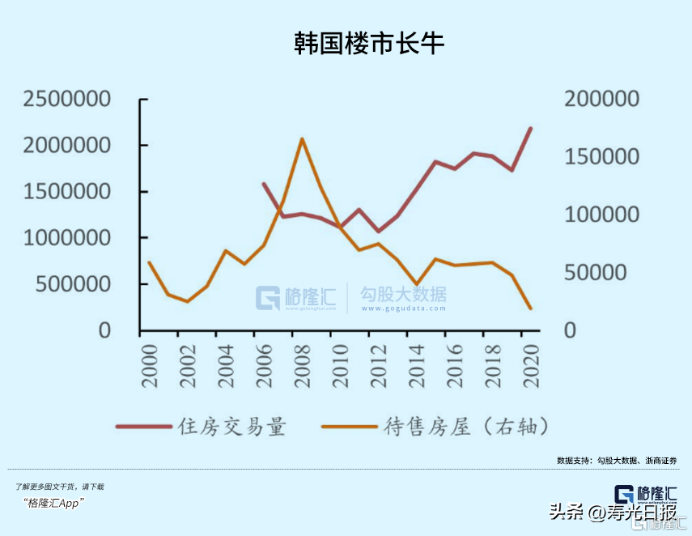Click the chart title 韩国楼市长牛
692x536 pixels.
click(369, 44)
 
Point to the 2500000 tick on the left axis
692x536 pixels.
click(67, 100)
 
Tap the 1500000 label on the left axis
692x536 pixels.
click(67, 193)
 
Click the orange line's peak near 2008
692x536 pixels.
click(302, 138)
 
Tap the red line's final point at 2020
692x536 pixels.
click(531, 128)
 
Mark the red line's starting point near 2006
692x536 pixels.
click(264, 183)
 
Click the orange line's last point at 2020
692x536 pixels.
click(531, 308)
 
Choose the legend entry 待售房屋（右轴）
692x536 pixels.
click(459, 426)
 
